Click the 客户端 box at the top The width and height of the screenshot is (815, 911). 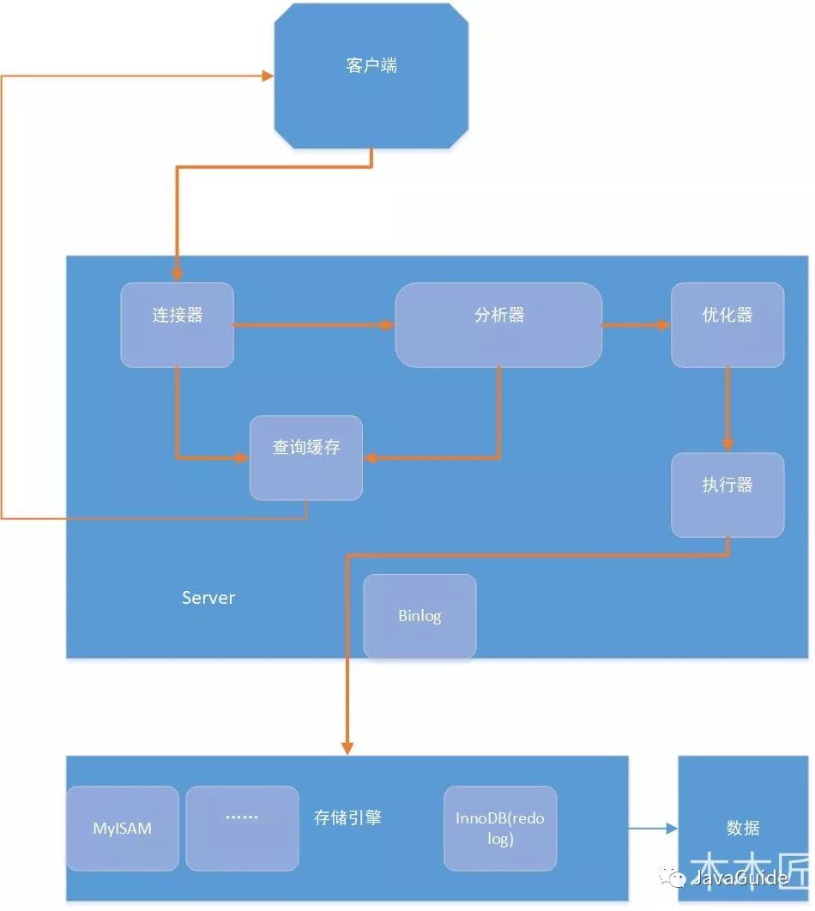(x=371, y=75)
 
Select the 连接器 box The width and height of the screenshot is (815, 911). (x=177, y=324)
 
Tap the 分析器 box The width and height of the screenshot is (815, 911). (x=498, y=324)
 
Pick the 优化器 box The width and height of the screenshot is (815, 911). (x=727, y=324)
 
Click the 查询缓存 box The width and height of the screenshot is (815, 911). (x=306, y=457)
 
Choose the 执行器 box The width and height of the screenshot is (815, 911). (x=727, y=494)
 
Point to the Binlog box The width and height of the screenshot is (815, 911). (x=420, y=616)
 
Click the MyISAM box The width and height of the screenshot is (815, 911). (x=123, y=828)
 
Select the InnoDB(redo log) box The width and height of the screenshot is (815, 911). (x=500, y=828)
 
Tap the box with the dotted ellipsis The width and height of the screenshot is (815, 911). (x=242, y=828)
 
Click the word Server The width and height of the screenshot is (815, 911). (x=208, y=598)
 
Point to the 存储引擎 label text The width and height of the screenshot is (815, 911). (x=347, y=817)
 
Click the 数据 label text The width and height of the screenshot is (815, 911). (x=743, y=828)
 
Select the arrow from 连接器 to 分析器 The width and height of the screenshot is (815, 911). (x=312, y=325)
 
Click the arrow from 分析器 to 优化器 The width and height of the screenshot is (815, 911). (x=636, y=325)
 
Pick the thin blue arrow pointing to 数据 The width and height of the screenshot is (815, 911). (x=653, y=829)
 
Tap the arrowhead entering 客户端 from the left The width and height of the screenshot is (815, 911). (x=267, y=76)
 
